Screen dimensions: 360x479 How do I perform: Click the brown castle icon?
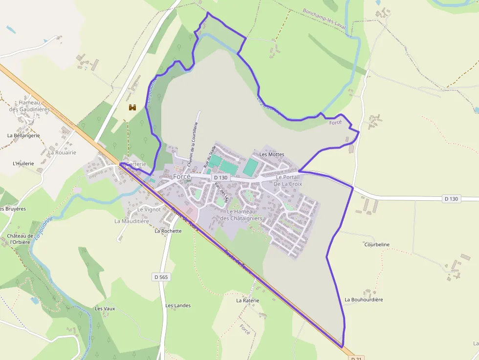(x=132, y=107)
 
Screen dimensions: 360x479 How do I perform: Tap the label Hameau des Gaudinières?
(x=29, y=106)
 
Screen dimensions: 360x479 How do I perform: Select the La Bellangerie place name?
(x=23, y=135)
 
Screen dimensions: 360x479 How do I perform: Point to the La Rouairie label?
(x=62, y=152)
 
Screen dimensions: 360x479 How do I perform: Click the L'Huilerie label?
(x=24, y=163)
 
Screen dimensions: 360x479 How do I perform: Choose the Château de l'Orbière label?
(x=20, y=239)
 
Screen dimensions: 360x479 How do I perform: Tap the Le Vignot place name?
(x=149, y=209)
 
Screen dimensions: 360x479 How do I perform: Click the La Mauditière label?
(x=131, y=221)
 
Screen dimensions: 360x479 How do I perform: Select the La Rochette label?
(x=168, y=231)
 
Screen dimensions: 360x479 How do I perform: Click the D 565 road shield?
(x=161, y=277)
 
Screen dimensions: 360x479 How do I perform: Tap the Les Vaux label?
(x=105, y=309)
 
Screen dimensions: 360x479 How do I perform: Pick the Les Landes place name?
(x=178, y=306)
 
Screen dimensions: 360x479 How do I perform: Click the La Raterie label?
(x=247, y=300)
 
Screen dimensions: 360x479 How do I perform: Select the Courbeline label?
(x=377, y=245)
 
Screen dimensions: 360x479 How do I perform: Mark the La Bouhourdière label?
(x=364, y=299)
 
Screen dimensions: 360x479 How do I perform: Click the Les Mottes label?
(x=271, y=154)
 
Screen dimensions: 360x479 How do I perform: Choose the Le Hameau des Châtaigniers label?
(x=241, y=215)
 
